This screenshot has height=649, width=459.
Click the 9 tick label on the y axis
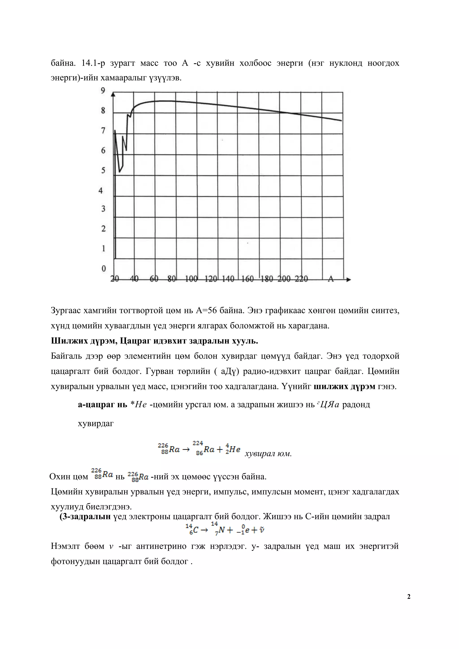point(103,91)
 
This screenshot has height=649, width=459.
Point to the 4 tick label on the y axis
point(101,190)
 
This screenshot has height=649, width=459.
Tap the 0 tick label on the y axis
point(104,268)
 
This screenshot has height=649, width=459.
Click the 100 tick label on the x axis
point(191,279)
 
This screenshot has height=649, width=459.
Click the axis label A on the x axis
point(331,279)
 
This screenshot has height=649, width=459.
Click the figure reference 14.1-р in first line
point(93,63)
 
